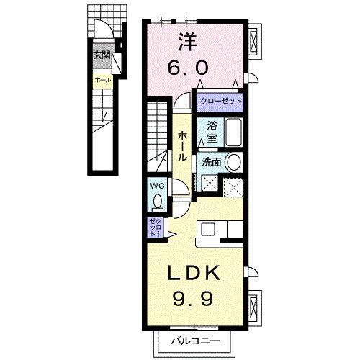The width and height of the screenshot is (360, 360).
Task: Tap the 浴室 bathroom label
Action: tap(212, 130)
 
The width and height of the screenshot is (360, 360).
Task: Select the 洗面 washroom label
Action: tap(212, 162)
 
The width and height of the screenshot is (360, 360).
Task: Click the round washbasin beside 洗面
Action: tap(234, 162)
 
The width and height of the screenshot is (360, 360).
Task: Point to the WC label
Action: tap(158, 186)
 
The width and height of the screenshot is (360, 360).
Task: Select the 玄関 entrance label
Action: tap(99, 55)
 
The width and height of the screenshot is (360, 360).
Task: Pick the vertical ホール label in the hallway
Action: tap(184, 145)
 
